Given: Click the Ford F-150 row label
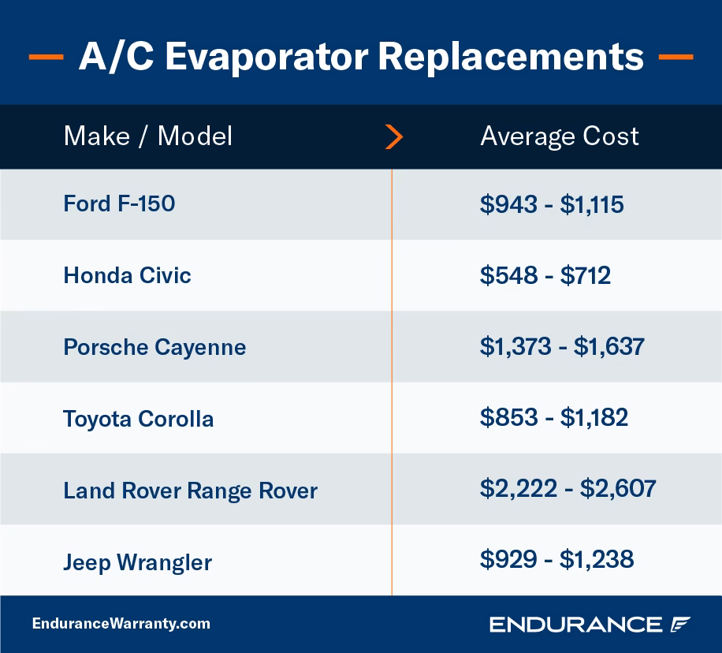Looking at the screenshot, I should coord(119,204).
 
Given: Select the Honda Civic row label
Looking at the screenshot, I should coord(127,275).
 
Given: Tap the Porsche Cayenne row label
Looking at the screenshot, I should coord(154,347).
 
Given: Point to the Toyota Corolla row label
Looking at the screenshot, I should coord(138,419).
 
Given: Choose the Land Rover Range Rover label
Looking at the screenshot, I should coord(190,491).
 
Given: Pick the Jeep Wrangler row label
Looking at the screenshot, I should coord(137,562).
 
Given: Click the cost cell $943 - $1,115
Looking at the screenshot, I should coord(551,204).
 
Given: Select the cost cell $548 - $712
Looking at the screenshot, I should coord(545,275).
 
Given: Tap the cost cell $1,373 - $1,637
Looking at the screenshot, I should coord(561,347).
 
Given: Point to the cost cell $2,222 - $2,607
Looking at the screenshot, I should coord(568,488).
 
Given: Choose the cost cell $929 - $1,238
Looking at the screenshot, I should coord(556,559).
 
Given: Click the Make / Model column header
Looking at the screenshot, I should coord(147,136).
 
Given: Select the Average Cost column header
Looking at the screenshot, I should coord(559,136).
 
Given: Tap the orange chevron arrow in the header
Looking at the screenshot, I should coord(394,137).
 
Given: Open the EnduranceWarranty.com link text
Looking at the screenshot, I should coord(121,624).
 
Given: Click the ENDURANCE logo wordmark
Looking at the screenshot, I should coord(575,625).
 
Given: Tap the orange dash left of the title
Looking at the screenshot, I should coord(46,58).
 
